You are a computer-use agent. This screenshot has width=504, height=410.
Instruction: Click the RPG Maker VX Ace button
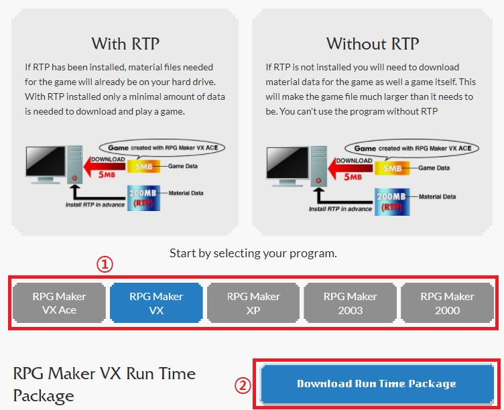pyautogui.click(x=59, y=303)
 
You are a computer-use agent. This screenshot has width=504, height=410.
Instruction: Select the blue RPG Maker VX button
pyautogui.click(x=156, y=303)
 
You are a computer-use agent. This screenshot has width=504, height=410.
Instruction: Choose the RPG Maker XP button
pyautogui.click(x=253, y=303)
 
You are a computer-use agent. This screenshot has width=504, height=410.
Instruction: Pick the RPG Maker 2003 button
pyautogui.click(x=351, y=303)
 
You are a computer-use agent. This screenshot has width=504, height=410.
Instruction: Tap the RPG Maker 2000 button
pyautogui.click(x=448, y=303)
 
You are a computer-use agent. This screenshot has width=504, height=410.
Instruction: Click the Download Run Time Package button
pyautogui.click(x=377, y=384)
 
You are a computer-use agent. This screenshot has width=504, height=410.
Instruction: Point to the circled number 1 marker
pyautogui.click(x=105, y=265)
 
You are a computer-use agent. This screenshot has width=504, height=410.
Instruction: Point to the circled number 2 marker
pyautogui.click(x=243, y=385)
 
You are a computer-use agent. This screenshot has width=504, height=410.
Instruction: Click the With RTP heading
pyautogui.click(x=125, y=44)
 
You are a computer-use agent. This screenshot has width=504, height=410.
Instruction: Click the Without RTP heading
pyautogui.click(x=373, y=44)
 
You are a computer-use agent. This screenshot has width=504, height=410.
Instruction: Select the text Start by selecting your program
pyautogui.click(x=253, y=253)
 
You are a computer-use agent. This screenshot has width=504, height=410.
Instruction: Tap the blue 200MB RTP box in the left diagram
pyautogui.click(x=143, y=198)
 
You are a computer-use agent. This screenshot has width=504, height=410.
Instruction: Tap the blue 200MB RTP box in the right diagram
pyautogui.click(x=392, y=202)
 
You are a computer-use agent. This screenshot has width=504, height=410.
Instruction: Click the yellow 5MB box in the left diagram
pyautogui.click(x=143, y=166)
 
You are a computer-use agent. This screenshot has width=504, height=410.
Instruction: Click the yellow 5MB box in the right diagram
pyautogui.click(x=392, y=168)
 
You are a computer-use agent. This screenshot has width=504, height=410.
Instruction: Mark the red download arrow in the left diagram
pyautogui.click(x=105, y=166)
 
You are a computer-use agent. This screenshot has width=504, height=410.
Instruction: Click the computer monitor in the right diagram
pyautogui.click(x=288, y=166)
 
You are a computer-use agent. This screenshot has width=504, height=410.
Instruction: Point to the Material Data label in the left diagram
pyautogui.click(x=186, y=193)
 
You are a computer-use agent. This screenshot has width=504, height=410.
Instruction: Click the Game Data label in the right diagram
pyautogui.click(x=434, y=168)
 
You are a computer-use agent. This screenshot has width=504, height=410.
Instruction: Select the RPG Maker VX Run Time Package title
pyautogui.click(x=105, y=385)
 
